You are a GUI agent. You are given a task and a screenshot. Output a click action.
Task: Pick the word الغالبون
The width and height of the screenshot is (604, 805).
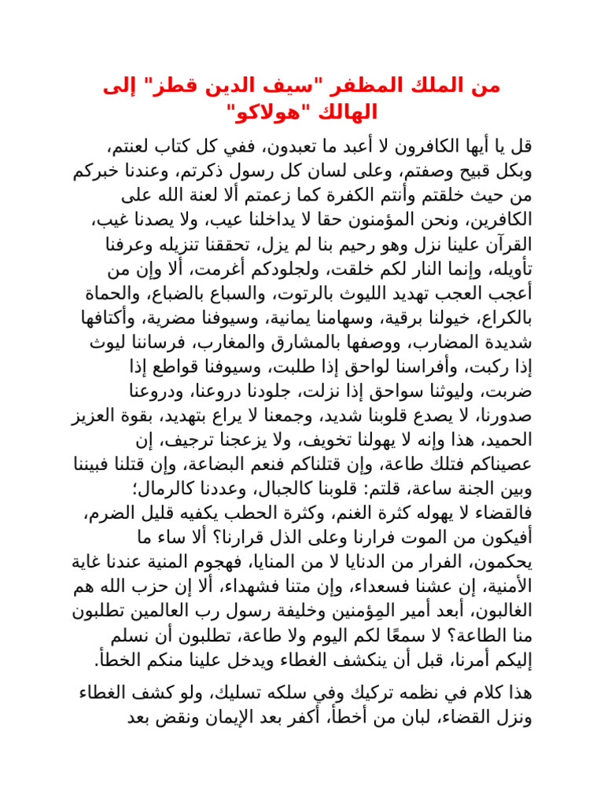click(x=501, y=611)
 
